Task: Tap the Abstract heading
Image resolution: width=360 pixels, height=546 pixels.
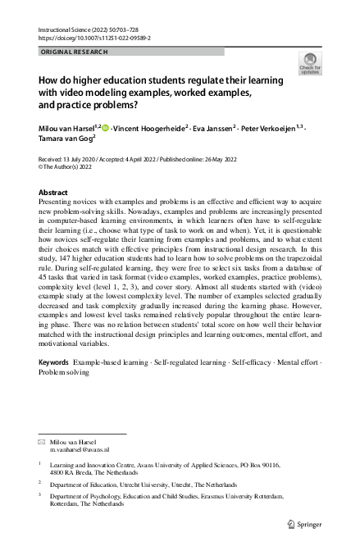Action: point(53,192)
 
